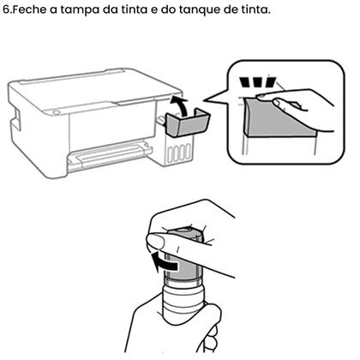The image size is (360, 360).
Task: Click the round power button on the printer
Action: click(x=57, y=109)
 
